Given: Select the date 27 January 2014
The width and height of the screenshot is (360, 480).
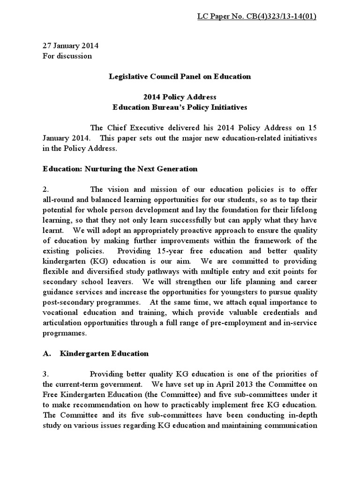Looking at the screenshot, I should pyautogui.click(x=70, y=46).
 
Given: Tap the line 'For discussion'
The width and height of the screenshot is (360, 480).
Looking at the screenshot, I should pyautogui.click(x=67, y=56).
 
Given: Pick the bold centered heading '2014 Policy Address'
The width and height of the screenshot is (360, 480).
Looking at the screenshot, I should pyautogui.click(x=180, y=97).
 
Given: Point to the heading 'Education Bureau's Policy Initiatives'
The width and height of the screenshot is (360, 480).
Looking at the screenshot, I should pyautogui.click(x=180, y=107).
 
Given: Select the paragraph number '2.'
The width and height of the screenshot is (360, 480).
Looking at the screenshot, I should pyautogui.click(x=46, y=189).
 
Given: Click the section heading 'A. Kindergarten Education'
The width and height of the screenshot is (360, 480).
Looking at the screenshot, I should pyautogui.click(x=95, y=353).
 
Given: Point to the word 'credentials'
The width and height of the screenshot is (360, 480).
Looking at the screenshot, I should pyautogui.click(x=284, y=312).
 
